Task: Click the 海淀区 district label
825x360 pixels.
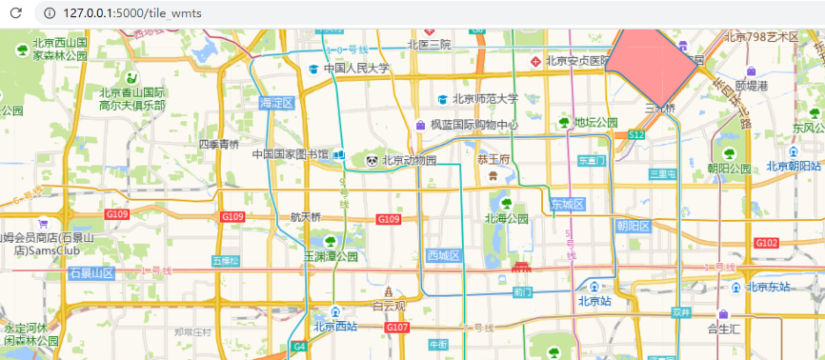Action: (277, 102)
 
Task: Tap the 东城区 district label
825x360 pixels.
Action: (567, 204)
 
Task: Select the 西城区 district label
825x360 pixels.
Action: (444, 255)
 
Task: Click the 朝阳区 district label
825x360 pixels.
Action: (633, 226)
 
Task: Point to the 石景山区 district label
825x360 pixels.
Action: (91, 273)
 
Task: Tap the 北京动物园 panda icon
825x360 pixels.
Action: (372, 161)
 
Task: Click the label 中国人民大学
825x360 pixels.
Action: (356, 69)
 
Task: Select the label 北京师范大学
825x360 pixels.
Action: (485, 98)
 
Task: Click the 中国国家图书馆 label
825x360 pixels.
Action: (290, 153)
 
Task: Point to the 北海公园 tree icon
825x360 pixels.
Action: (506, 203)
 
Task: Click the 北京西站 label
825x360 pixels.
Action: (334, 326)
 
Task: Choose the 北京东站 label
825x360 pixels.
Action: (768, 287)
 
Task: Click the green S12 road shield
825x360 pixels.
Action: (636, 136)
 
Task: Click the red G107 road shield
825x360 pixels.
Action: (397, 327)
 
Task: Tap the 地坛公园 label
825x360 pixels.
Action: (595, 123)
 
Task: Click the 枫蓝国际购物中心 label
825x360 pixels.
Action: (473, 125)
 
